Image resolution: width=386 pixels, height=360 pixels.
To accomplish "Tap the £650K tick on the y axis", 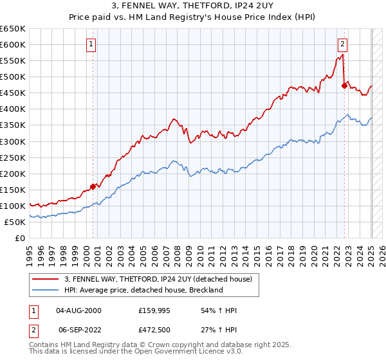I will [x=13, y=29].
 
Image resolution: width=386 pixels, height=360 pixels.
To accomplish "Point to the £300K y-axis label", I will [x=13, y=141].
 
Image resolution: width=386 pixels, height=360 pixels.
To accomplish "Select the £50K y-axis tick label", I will [x=15, y=222].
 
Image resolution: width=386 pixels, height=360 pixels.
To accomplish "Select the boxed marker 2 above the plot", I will [x=342, y=44].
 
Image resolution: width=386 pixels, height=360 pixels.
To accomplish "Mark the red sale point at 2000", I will [x=93, y=186].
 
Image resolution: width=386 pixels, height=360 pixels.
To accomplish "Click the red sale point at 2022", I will [x=345, y=85].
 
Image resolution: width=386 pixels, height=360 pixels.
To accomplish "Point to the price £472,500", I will [x=154, y=329].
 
